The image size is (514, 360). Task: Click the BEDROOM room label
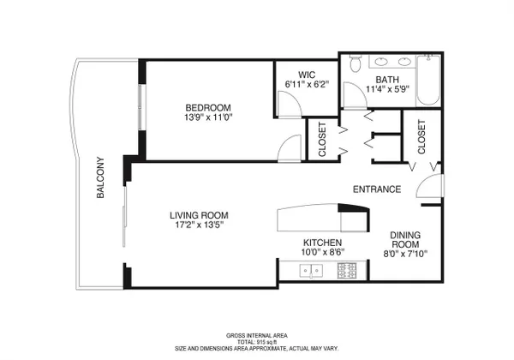point(208,107)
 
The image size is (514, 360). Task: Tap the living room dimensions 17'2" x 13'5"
point(199,225)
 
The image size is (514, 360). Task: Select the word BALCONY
point(100,177)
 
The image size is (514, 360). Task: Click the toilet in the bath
point(355,63)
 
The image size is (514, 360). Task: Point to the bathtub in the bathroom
point(428,81)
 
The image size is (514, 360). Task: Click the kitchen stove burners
point(347,271)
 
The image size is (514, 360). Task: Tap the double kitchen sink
point(311,271)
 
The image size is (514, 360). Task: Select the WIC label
point(307,75)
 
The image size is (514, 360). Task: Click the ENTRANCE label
point(377,189)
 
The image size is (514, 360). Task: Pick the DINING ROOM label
point(405,240)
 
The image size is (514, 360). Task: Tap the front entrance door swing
point(430,186)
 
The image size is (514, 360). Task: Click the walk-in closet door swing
point(290,104)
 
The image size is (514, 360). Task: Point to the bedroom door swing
point(290,148)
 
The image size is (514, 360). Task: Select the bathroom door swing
point(355,94)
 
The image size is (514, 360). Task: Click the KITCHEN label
point(323,243)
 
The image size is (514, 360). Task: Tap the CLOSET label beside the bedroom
point(322,140)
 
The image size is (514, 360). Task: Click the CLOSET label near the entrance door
point(421,137)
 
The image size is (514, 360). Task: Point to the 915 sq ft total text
point(257,342)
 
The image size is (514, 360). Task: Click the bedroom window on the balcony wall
point(141,106)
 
